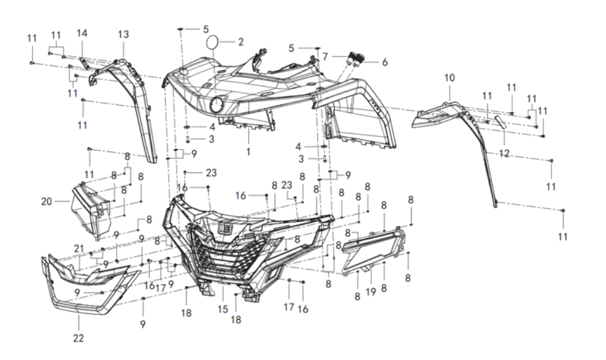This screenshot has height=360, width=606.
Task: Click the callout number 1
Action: (248, 152)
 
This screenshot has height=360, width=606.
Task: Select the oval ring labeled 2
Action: (212, 42)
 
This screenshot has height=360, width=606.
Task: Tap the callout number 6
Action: (385, 62)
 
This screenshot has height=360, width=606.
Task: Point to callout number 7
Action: (325, 57)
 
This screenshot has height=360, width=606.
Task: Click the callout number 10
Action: (450, 78)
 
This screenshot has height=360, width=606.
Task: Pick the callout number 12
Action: (504, 154)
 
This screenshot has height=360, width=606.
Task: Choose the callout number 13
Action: (123, 34)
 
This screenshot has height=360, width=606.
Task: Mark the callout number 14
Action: (82, 33)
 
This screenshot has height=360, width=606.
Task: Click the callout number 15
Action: (223, 309)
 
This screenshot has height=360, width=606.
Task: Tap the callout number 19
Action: (371, 292)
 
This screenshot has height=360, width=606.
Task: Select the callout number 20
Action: (47, 201)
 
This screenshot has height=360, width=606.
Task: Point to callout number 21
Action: (79, 248)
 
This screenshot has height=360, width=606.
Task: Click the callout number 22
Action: (78, 338)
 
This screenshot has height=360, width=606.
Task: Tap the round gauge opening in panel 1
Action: (217, 105)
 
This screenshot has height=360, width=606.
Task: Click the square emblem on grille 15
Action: (223, 228)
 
